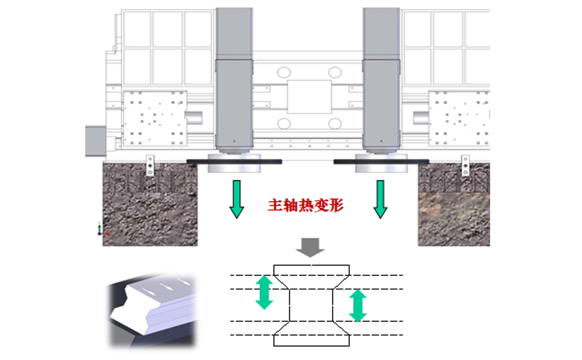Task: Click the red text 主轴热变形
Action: (x=306, y=206)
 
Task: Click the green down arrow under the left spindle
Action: (x=236, y=199)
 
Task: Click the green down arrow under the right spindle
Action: (x=380, y=199)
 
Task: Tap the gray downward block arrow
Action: (x=310, y=247)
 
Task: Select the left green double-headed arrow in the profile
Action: (x=263, y=292)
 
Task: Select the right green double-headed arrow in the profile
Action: (x=358, y=305)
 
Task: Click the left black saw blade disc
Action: (x=234, y=162)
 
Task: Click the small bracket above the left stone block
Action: (x=150, y=164)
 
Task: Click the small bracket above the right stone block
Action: (x=465, y=164)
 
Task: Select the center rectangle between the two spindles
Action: (x=309, y=97)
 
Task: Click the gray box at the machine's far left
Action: (x=95, y=140)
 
